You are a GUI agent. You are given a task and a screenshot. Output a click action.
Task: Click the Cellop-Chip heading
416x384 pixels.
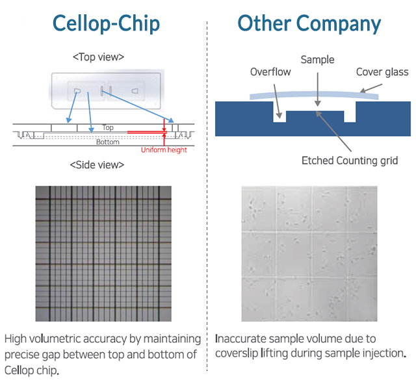point(106,24)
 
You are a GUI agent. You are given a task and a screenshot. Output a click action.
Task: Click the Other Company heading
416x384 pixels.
point(309,24)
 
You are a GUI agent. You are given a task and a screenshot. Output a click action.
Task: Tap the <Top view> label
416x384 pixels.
point(98,57)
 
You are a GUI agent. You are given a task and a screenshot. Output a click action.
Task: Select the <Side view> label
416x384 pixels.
point(97,165)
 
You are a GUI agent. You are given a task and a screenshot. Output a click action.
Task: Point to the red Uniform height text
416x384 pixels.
point(164,150)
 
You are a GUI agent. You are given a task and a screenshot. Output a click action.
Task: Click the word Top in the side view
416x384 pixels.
point(108,127)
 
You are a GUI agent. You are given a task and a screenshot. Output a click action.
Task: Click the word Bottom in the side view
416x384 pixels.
point(108,142)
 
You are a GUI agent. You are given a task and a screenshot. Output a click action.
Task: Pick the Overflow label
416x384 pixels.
point(270,72)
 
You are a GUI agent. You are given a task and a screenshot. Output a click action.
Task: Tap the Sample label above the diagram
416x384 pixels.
point(317,60)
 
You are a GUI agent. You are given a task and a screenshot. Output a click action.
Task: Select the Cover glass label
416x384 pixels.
point(382,72)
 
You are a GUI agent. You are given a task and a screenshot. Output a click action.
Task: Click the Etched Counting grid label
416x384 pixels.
point(350,160)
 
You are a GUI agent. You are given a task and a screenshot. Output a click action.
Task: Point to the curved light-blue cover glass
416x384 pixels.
point(314,94)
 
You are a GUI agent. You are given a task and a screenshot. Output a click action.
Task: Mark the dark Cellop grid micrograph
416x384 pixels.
point(103,254)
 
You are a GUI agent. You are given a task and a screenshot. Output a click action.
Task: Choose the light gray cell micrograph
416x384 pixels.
point(309,254)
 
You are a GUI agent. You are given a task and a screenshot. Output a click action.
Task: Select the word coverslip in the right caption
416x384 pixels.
point(237,354)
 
